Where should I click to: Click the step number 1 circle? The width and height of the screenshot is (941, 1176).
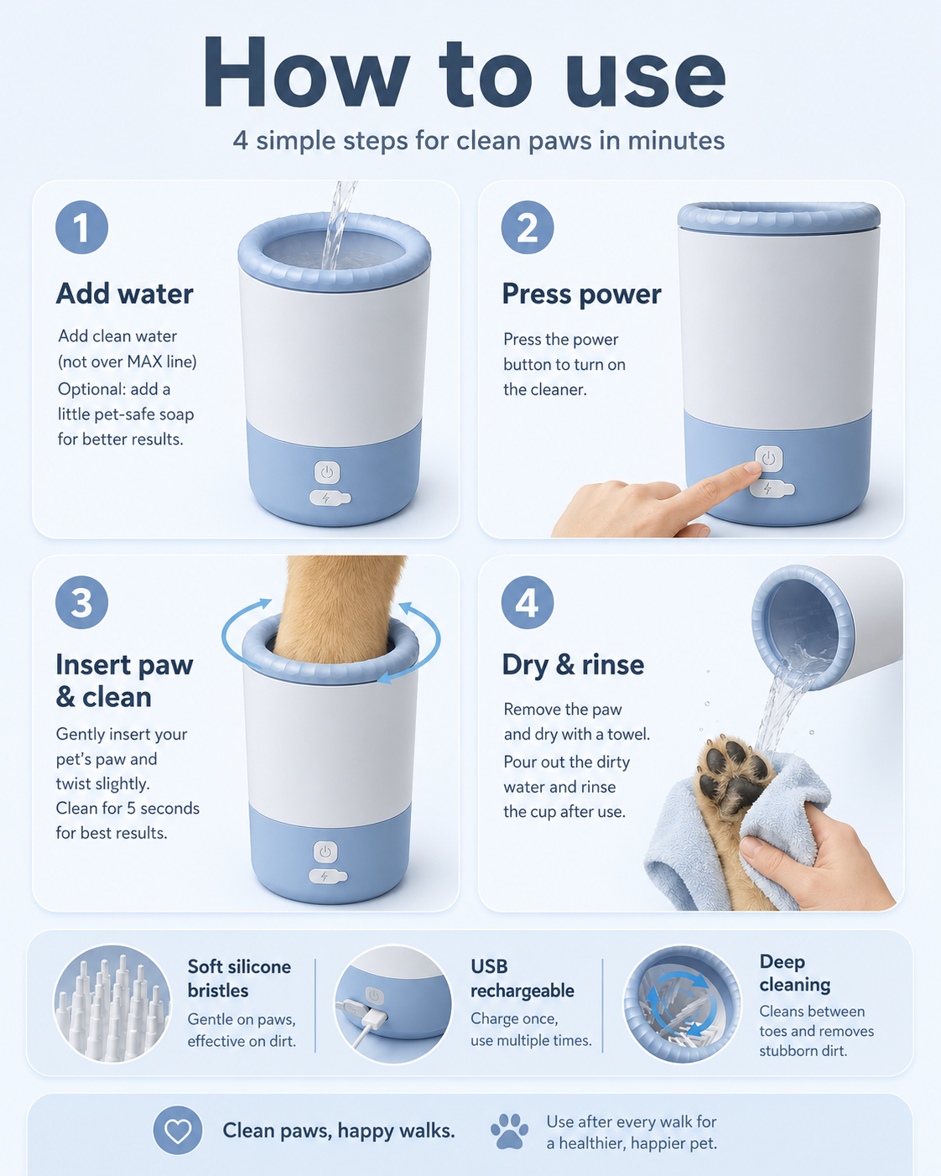point(81,226)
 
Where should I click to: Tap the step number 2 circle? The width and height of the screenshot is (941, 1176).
point(528,226)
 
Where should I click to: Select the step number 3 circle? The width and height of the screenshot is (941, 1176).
point(81,602)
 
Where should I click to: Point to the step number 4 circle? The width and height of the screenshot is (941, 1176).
point(528,602)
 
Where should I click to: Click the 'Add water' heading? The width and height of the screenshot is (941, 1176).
point(125,294)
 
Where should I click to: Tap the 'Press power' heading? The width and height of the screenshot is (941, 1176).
point(581,294)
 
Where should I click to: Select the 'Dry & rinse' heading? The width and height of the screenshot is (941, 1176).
point(573,665)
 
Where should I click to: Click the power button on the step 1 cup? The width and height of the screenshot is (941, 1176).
point(327,472)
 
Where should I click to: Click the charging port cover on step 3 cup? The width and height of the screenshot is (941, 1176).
point(327,877)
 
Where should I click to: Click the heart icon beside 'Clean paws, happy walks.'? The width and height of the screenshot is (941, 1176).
point(178,1131)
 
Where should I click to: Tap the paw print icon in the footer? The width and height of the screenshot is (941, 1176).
point(509,1131)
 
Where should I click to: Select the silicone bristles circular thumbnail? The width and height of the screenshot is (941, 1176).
point(112,1004)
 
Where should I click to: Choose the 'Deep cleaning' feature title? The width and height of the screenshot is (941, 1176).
point(794,973)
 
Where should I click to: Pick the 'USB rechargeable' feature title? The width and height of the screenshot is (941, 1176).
point(522,979)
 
